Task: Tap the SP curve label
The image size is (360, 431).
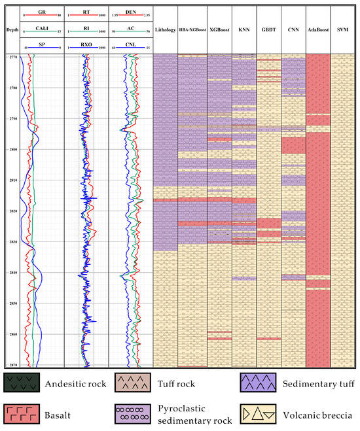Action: (x=41, y=43)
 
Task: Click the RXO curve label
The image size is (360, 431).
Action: (x=86, y=43)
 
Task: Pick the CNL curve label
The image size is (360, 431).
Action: (x=130, y=43)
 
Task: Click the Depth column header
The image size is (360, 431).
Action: (x=11, y=29)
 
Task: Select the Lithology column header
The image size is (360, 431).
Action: (x=165, y=29)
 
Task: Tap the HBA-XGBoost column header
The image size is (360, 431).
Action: (x=192, y=29)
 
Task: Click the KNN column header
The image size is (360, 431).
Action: (x=244, y=29)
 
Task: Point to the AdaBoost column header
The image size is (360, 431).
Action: (x=317, y=29)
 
